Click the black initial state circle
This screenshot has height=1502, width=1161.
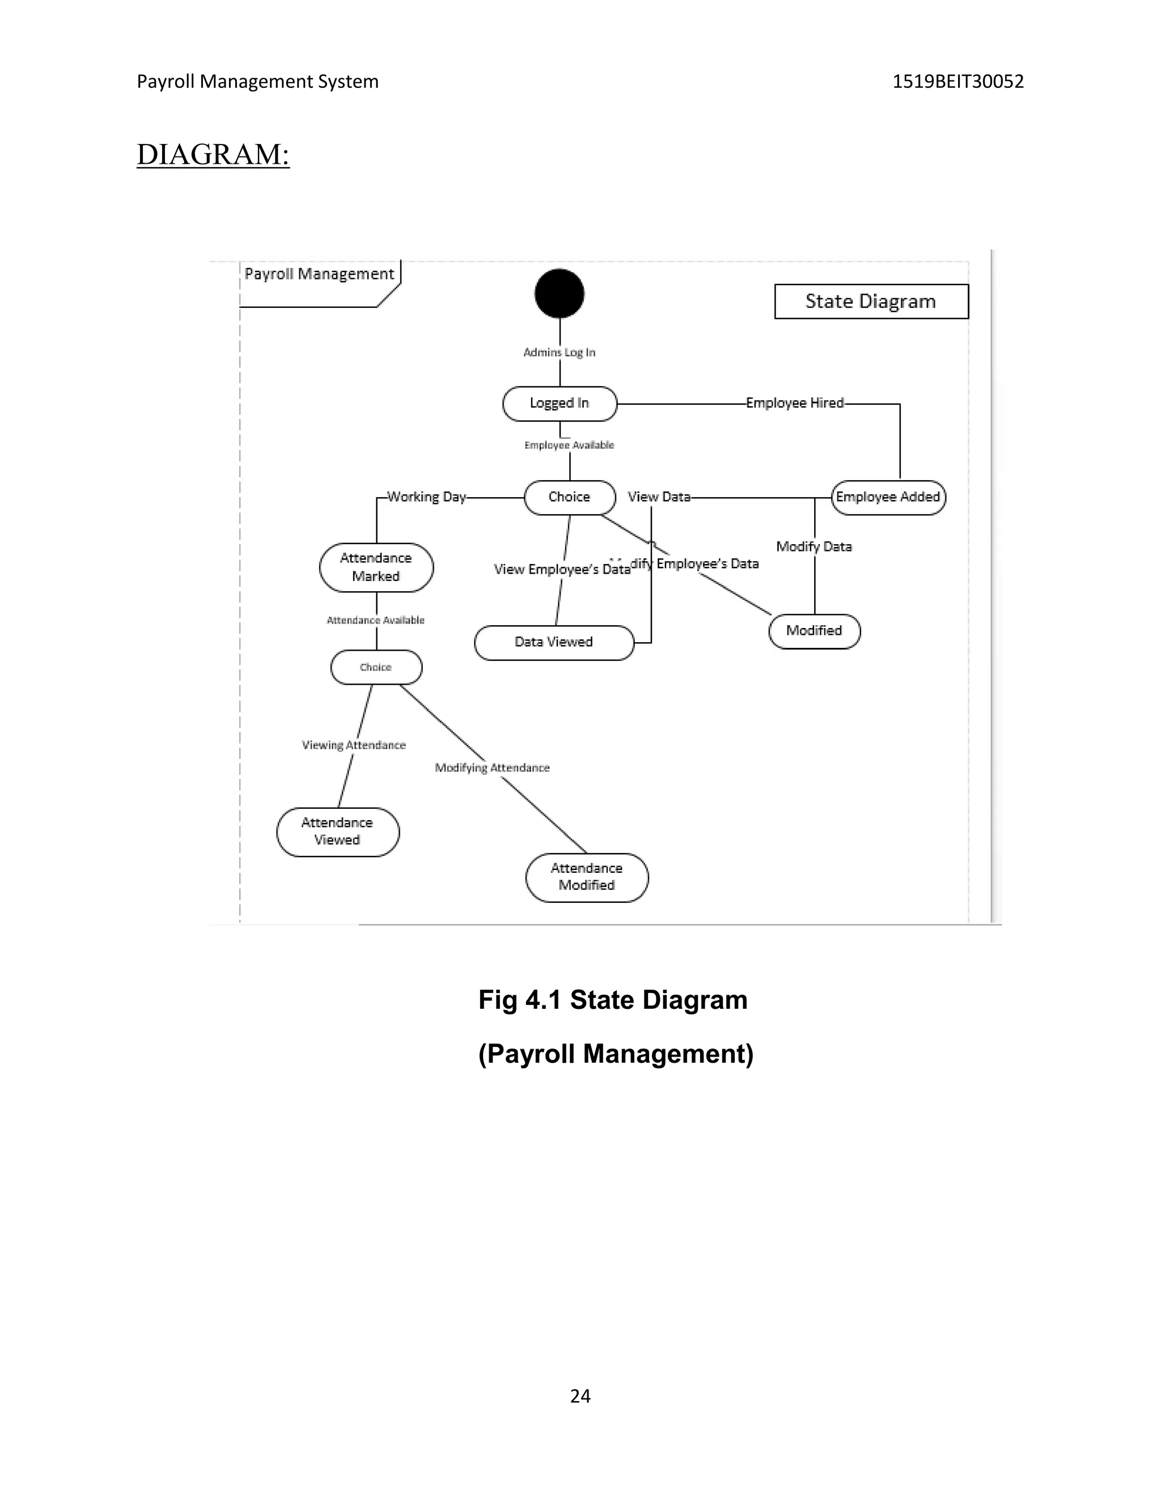(559, 294)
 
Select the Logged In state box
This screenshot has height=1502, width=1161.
(559, 404)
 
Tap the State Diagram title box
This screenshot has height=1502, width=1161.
(871, 301)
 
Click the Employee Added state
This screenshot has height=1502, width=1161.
(888, 497)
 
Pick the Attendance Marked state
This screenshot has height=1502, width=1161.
(376, 567)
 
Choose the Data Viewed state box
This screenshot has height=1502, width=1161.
(554, 642)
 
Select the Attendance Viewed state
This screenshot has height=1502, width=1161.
(338, 831)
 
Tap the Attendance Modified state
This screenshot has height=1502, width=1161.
(587, 877)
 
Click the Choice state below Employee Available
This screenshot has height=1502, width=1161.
(570, 497)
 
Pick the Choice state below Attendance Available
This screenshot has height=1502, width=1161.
(376, 667)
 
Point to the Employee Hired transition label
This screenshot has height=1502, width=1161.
(794, 403)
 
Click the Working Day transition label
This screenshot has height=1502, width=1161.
(426, 497)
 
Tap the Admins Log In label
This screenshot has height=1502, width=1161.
(559, 352)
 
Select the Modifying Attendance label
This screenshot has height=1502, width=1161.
(493, 767)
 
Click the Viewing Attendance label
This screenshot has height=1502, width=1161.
(354, 745)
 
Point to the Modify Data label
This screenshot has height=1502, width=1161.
(813, 547)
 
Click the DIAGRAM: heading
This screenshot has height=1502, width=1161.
(213, 154)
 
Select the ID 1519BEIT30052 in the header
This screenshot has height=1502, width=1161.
(957, 82)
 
